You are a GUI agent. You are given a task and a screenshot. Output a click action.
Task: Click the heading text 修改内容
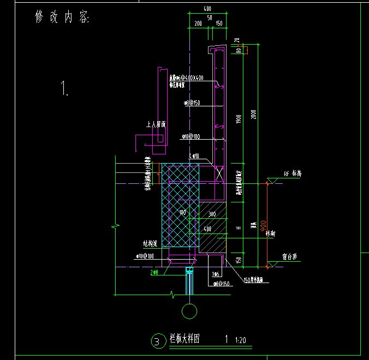[x=62, y=17]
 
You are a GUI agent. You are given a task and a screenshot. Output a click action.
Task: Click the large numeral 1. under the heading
[x=65, y=88]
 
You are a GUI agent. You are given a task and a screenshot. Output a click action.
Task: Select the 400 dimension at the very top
[x=207, y=9]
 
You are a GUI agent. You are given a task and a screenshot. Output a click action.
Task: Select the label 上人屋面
[x=156, y=125]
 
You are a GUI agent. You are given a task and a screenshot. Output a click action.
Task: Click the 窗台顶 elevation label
[x=290, y=256]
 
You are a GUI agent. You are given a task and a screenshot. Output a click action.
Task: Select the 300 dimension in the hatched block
[x=212, y=214]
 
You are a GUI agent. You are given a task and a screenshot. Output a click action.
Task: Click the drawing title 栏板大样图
[x=184, y=339]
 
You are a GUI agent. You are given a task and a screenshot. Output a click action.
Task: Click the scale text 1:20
[x=240, y=340]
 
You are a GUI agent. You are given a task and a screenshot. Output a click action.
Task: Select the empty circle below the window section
[x=189, y=311]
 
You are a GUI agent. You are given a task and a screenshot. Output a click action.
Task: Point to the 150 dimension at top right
[x=218, y=24]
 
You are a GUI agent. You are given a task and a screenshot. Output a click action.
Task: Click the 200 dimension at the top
[x=198, y=24]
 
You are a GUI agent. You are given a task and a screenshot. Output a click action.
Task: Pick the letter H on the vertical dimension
[x=239, y=227]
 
